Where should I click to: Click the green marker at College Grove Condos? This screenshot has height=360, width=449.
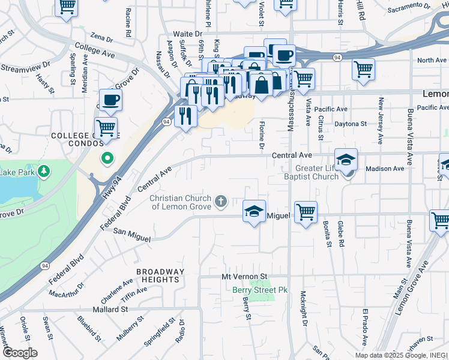tap(107, 158)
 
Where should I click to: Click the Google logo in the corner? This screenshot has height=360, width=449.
tap(19, 352)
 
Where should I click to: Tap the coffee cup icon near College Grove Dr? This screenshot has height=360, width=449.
tap(111, 100)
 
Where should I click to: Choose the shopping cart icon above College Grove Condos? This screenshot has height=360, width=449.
tap(106, 127)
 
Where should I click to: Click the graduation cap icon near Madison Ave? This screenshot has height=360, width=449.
tap(346, 160)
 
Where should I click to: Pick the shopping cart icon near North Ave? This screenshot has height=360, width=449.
tap(363, 69)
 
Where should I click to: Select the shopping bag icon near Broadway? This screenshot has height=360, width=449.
tap(262, 84)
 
